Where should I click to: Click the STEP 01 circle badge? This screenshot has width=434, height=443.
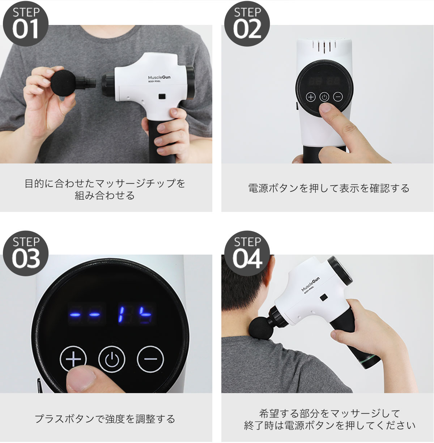coord(26,24)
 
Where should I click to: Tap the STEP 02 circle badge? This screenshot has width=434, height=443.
coord(247,24)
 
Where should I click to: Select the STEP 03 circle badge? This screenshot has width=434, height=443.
coord(26,254)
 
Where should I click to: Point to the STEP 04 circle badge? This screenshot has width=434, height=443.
coord(247,254)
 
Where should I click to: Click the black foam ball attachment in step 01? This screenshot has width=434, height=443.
coord(63,83)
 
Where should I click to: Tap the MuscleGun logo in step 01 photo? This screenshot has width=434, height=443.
coord(159,77)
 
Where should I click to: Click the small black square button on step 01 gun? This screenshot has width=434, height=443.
coord(162,96)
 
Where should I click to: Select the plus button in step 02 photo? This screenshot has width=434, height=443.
coord(311,97)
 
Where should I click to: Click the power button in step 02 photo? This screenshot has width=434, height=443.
coord(324,97)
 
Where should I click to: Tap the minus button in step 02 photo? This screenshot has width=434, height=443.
coord(338,97)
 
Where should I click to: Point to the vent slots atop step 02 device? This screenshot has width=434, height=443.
coord(324,47)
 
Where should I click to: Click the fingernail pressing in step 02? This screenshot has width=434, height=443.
coord(326,108)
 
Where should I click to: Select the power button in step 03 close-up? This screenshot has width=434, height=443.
coord(112,359)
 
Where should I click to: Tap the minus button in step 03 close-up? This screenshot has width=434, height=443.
coord(150,359)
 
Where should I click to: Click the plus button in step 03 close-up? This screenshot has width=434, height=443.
coord(73,359)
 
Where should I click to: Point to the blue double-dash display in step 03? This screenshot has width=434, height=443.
coord(85,314)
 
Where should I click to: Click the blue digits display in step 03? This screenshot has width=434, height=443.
coord(135,314)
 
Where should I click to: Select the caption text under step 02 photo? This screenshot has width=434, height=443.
coord(329,188)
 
